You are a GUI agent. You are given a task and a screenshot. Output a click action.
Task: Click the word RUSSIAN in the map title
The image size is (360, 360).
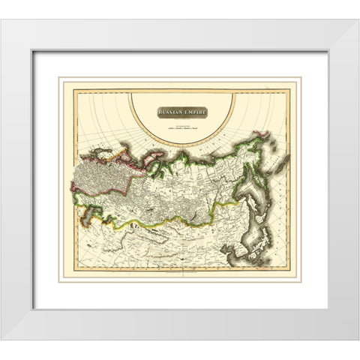click(x=172, y=112)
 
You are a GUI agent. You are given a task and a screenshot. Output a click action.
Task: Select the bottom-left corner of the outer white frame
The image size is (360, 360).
click(x=1, y=339)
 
